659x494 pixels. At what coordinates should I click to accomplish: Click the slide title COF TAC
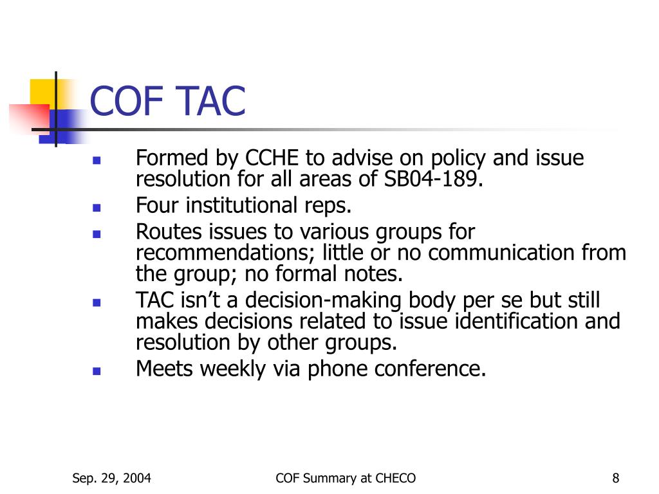tap(168, 102)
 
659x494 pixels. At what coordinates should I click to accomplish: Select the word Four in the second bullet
tap(158, 206)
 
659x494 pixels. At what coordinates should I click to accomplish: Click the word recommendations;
tap(226, 253)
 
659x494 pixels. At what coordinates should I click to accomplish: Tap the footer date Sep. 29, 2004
tap(112, 477)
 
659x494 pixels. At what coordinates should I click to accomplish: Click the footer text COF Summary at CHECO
tap(346, 477)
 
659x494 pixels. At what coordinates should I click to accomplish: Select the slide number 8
tap(616, 477)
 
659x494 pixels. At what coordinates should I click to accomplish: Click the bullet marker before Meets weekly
tap(96, 371)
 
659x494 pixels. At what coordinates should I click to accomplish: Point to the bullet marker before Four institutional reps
tap(96, 208)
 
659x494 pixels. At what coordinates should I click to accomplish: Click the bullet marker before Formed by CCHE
tap(96, 160)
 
